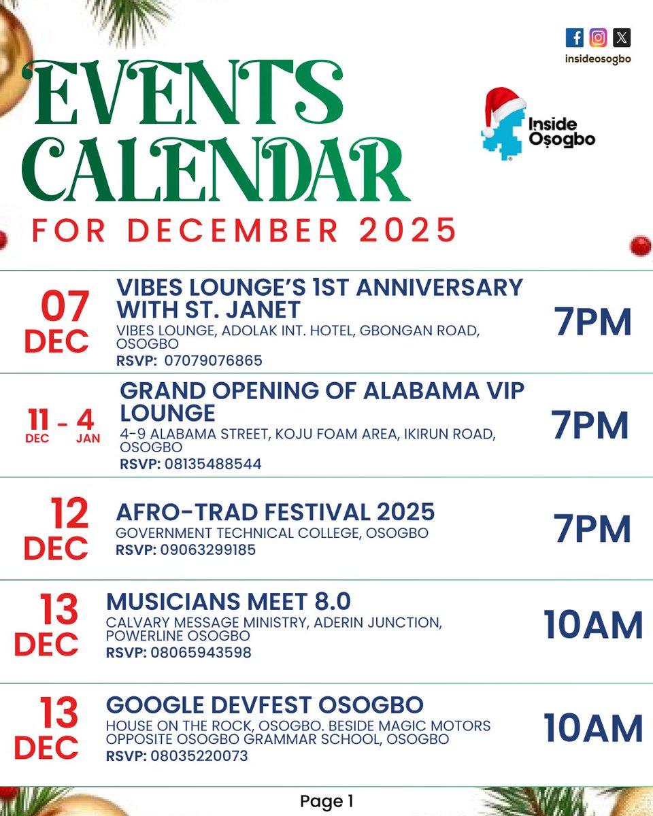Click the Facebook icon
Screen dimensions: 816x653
pyautogui.click(x=574, y=37)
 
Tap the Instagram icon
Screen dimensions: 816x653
pyautogui.click(x=598, y=37)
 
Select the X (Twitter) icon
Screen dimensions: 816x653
pyautogui.click(x=621, y=37)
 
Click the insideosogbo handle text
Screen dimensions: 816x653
pyautogui.click(x=598, y=58)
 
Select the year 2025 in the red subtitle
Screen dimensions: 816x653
pyautogui.click(x=408, y=231)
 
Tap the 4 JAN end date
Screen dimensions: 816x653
pyautogui.click(x=88, y=425)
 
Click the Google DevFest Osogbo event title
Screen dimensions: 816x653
pyautogui.click(x=265, y=704)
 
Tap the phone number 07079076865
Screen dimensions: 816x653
pyautogui.click(x=213, y=360)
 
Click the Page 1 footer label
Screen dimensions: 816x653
pyautogui.click(x=326, y=802)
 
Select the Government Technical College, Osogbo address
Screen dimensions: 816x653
pyautogui.click(x=272, y=533)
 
